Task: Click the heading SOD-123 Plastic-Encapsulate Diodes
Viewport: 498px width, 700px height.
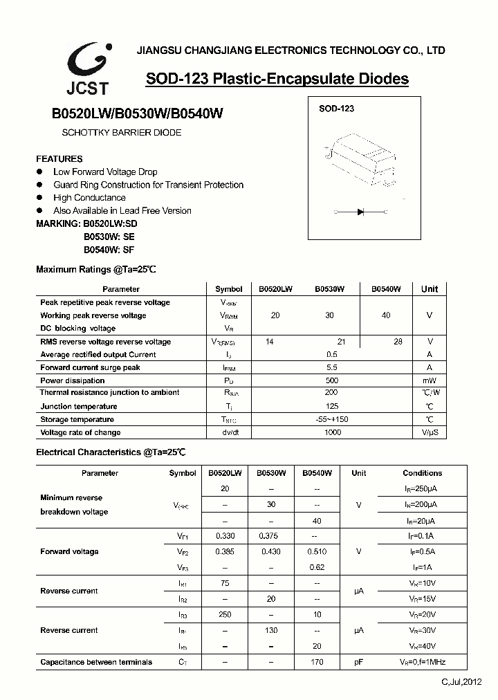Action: pos(277,79)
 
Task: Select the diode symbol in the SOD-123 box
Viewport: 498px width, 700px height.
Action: pos(360,212)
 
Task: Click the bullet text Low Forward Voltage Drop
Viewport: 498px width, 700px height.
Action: pos(105,172)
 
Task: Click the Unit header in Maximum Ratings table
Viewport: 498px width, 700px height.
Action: pos(430,289)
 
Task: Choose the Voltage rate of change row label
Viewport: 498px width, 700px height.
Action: pos(80,432)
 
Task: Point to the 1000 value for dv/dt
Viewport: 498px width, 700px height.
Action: pos(332,432)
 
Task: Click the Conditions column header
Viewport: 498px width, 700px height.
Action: pos(422,473)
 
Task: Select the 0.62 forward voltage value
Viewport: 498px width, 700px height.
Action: pos(317,567)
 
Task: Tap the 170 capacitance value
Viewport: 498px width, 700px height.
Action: pos(317,662)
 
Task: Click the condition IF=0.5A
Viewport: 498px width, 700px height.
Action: pos(421,551)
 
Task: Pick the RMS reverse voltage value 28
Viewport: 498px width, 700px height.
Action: pos(398,341)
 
